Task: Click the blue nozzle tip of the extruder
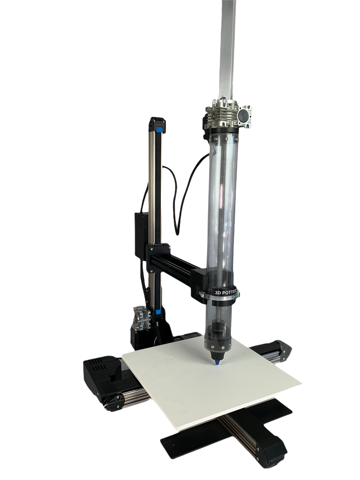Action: (x=218, y=363)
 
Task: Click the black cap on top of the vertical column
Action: (x=157, y=123)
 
